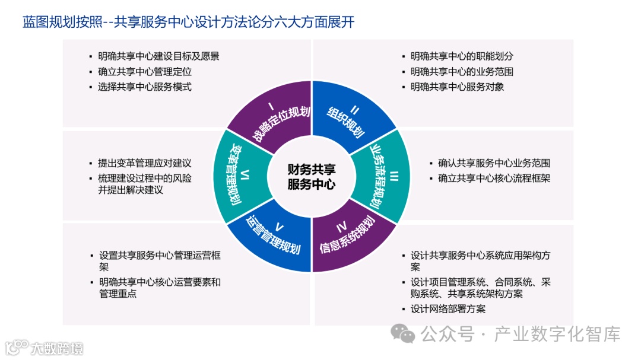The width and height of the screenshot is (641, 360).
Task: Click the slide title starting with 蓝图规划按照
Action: coord(189,22)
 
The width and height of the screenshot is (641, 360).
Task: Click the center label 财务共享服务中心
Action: coord(311,177)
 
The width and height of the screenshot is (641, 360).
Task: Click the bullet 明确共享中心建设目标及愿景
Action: coord(158,57)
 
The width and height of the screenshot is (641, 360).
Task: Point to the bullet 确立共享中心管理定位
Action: coord(145,72)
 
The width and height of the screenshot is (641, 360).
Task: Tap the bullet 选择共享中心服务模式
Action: coord(145,87)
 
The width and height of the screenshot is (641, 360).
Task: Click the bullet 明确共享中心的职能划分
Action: coord(462,57)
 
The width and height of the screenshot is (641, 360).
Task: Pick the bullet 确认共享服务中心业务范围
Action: coord(494,163)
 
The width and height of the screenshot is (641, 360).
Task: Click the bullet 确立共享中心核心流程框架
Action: coord(494,177)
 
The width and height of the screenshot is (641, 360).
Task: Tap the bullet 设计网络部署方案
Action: coord(448,309)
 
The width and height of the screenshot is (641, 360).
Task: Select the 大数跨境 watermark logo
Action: coord(44,347)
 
